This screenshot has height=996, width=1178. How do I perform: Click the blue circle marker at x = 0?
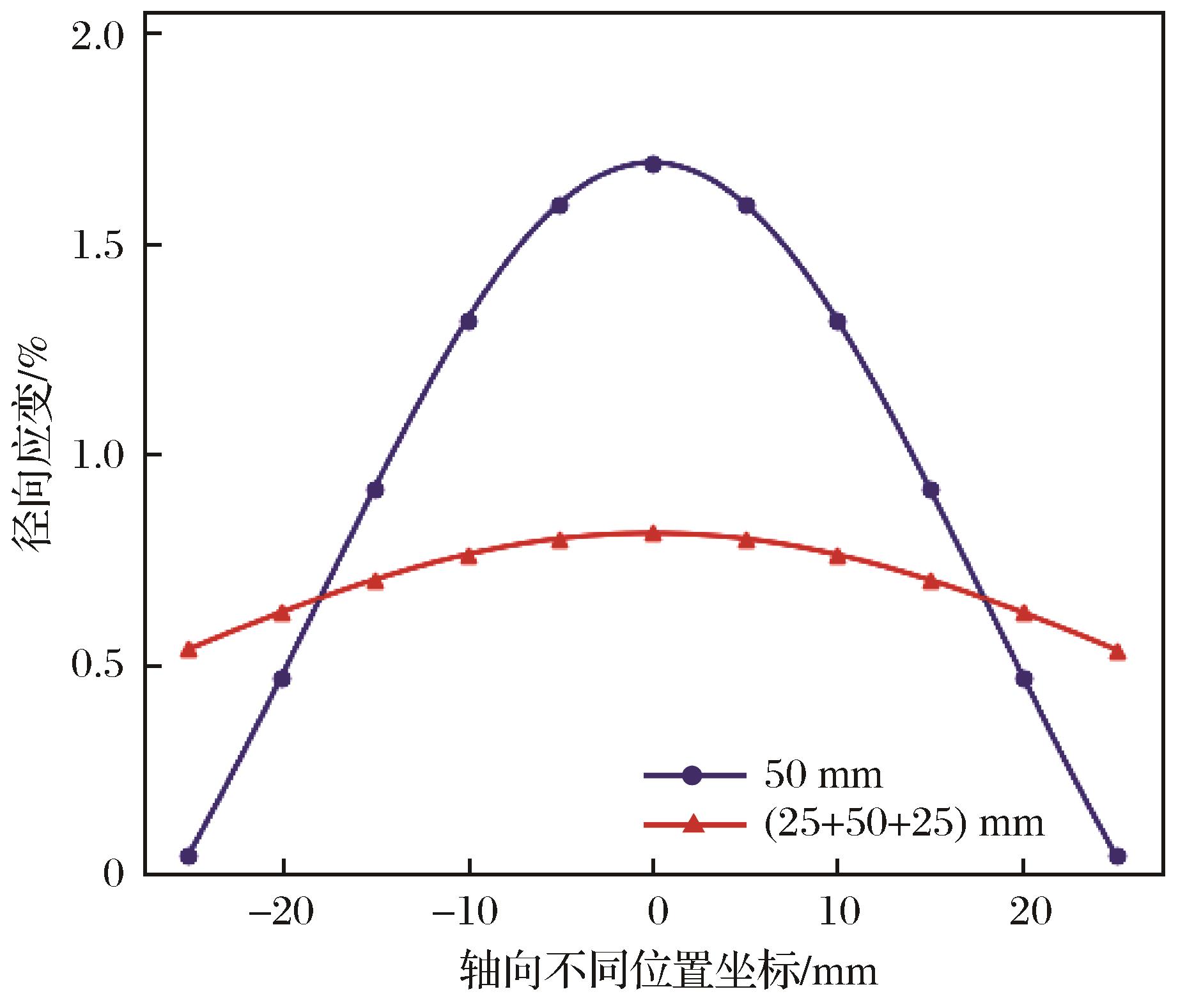coord(653,165)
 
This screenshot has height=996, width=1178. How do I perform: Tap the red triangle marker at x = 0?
coord(653,534)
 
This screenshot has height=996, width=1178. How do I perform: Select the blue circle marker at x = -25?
coord(189,856)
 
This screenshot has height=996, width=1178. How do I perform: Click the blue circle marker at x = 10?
coord(838,322)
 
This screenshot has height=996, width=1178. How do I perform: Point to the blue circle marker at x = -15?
coord(375,490)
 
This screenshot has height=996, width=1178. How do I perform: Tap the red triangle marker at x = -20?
coord(282,613)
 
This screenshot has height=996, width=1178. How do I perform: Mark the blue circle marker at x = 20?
coord(1024,678)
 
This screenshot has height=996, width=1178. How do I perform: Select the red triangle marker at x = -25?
coord(189,650)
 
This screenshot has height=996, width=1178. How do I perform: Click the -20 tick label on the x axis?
coord(281,912)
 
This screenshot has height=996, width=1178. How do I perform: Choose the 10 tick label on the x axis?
coord(839,912)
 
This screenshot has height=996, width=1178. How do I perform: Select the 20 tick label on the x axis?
coord(1025,912)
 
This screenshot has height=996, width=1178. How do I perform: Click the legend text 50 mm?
coord(823,775)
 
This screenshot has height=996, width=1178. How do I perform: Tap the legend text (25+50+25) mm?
coord(904,823)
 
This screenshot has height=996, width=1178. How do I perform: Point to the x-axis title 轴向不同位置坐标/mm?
coord(668,972)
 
